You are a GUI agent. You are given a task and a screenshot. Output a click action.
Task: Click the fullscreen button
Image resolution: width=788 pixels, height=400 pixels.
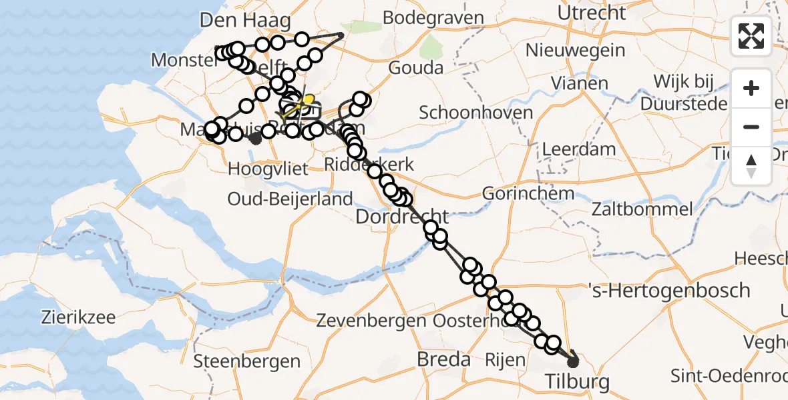click(x=751, y=36)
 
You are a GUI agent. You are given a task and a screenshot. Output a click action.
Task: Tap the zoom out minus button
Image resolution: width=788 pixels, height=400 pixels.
click(x=751, y=127)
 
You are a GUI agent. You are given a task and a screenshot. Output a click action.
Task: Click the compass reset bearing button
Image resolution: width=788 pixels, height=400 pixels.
click(x=751, y=165)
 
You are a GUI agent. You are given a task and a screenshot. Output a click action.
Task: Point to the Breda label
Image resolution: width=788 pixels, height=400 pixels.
click(x=443, y=360)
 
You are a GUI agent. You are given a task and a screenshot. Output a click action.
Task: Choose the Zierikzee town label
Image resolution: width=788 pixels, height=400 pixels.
click(x=77, y=317)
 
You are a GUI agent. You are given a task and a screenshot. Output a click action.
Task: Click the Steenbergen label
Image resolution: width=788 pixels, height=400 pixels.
click(x=247, y=361)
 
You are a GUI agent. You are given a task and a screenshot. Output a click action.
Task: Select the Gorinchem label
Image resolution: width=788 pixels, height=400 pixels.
click(x=528, y=194)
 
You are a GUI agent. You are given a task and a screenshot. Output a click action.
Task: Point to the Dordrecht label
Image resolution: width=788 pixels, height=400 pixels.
click(x=402, y=217)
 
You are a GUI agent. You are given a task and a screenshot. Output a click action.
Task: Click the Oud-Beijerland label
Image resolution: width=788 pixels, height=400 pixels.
click(x=290, y=199)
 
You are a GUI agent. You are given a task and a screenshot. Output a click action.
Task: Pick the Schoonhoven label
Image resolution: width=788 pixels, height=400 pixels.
click(x=476, y=112)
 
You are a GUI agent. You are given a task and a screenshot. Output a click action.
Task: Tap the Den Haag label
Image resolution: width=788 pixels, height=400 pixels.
click(x=246, y=21)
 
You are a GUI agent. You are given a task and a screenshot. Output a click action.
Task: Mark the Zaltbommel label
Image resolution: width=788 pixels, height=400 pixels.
click(x=642, y=209)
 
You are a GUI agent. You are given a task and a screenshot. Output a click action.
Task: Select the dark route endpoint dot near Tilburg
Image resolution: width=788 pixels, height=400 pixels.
click(x=573, y=362)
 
